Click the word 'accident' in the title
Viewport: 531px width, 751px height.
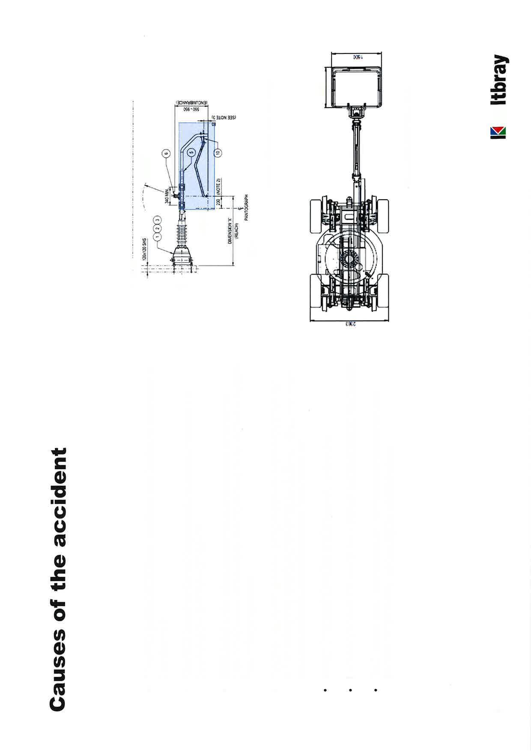click(x=58, y=497)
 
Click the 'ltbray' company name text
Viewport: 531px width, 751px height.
click(x=499, y=80)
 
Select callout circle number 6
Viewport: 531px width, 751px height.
click(x=167, y=153)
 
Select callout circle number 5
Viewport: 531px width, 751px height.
click(x=191, y=151)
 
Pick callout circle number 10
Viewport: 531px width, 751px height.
click(x=218, y=152)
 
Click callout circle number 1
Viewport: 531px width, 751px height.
click(x=158, y=236)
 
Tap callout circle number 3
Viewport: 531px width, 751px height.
click(x=158, y=219)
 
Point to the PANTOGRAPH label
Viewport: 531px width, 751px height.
click(x=247, y=208)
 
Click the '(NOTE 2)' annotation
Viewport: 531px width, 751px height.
click(x=218, y=186)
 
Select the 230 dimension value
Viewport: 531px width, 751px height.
click(x=218, y=202)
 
